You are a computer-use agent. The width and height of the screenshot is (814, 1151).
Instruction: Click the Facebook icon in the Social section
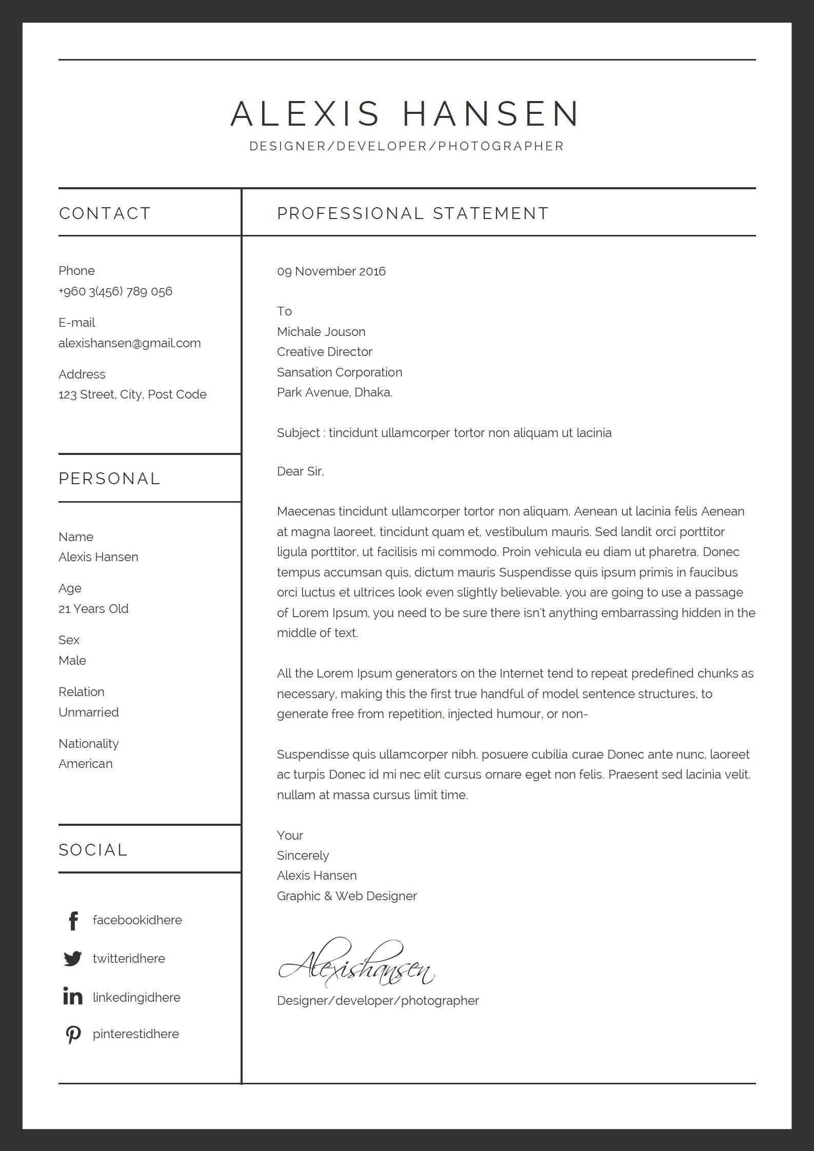[73, 921]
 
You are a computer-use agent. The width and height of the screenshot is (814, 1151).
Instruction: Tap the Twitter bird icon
[73, 959]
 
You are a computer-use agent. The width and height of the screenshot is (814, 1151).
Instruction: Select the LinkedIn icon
[73, 997]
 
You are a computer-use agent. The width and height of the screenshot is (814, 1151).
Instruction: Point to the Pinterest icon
[73, 1035]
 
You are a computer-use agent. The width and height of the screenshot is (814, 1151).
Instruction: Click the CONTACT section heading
[105, 213]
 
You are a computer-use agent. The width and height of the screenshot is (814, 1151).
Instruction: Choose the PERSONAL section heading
[110, 479]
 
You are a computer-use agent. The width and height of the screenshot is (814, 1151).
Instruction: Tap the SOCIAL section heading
[93, 850]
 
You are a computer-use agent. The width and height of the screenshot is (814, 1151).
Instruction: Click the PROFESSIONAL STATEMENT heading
[413, 213]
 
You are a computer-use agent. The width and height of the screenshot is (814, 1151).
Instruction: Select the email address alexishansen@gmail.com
[130, 343]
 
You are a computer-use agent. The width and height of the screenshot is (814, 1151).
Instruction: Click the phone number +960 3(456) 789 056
[115, 291]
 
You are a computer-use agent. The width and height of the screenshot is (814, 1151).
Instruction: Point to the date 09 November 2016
[331, 271]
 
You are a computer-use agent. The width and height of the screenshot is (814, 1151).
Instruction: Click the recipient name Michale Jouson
[321, 332]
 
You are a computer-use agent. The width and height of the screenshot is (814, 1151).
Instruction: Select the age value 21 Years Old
[93, 609]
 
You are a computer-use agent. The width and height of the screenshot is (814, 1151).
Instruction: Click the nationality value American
[86, 764]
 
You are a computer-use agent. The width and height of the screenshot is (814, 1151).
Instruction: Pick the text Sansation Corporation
[340, 372]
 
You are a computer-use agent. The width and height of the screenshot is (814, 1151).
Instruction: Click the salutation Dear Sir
[300, 471]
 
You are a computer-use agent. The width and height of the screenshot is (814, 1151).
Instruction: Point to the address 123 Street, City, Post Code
[132, 394]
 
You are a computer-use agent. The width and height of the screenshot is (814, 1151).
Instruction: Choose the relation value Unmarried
[89, 712]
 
